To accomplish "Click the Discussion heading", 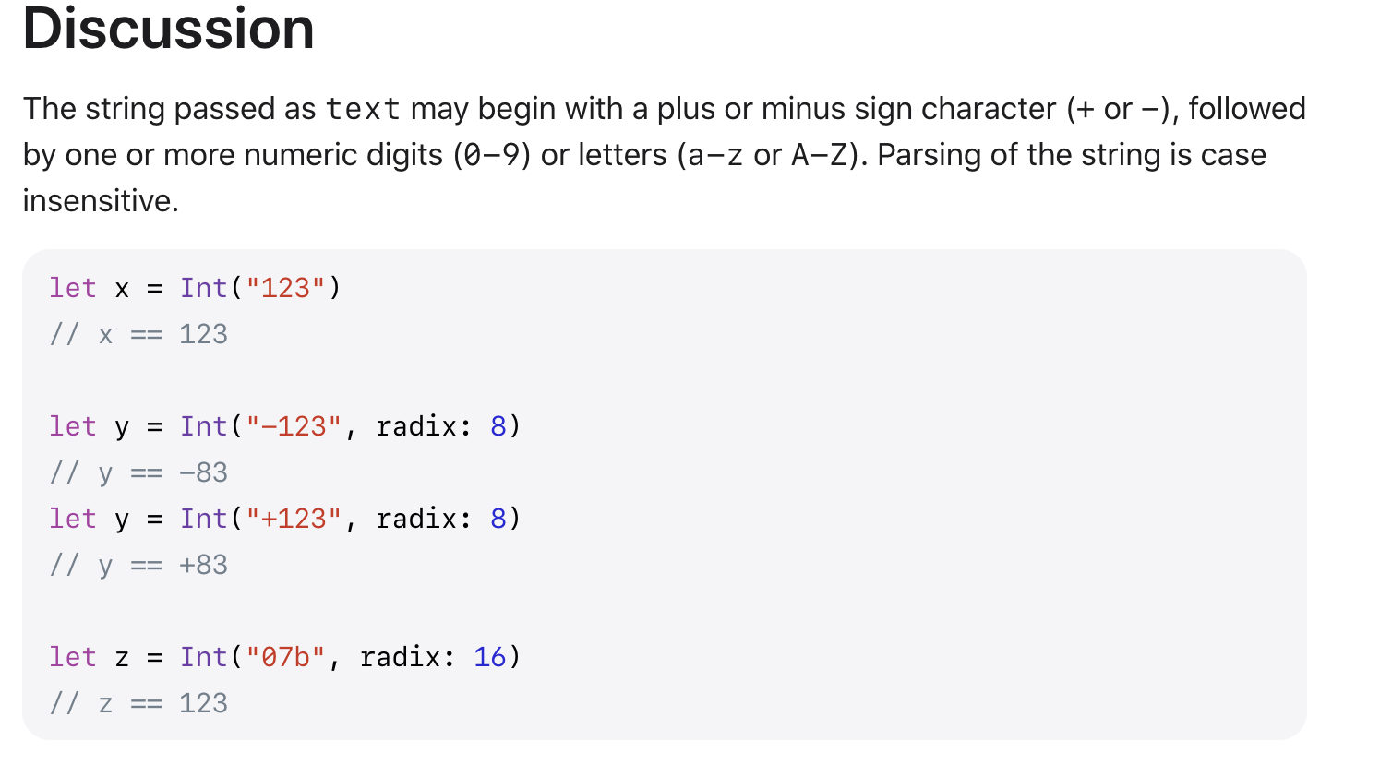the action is (x=168, y=29).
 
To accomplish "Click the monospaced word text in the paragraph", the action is (x=363, y=110).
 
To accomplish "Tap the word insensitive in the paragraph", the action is (x=100, y=201).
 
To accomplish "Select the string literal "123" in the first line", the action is (x=285, y=289).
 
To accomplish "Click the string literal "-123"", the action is (x=294, y=427).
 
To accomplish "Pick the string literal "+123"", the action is (x=294, y=520).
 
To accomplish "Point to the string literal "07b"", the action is (x=285, y=658).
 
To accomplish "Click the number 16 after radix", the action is (x=489, y=658).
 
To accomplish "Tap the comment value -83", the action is (x=203, y=473).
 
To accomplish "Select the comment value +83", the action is (x=203, y=566).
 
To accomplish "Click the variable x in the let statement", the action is (x=122, y=290).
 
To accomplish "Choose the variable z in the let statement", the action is (x=122, y=659).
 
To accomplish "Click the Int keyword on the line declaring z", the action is (x=204, y=658).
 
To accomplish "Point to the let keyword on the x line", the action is (x=73, y=289).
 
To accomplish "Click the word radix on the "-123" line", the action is (x=416, y=427).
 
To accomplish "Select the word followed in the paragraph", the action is (x=1246, y=110).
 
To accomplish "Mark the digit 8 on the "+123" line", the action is (x=498, y=520).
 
